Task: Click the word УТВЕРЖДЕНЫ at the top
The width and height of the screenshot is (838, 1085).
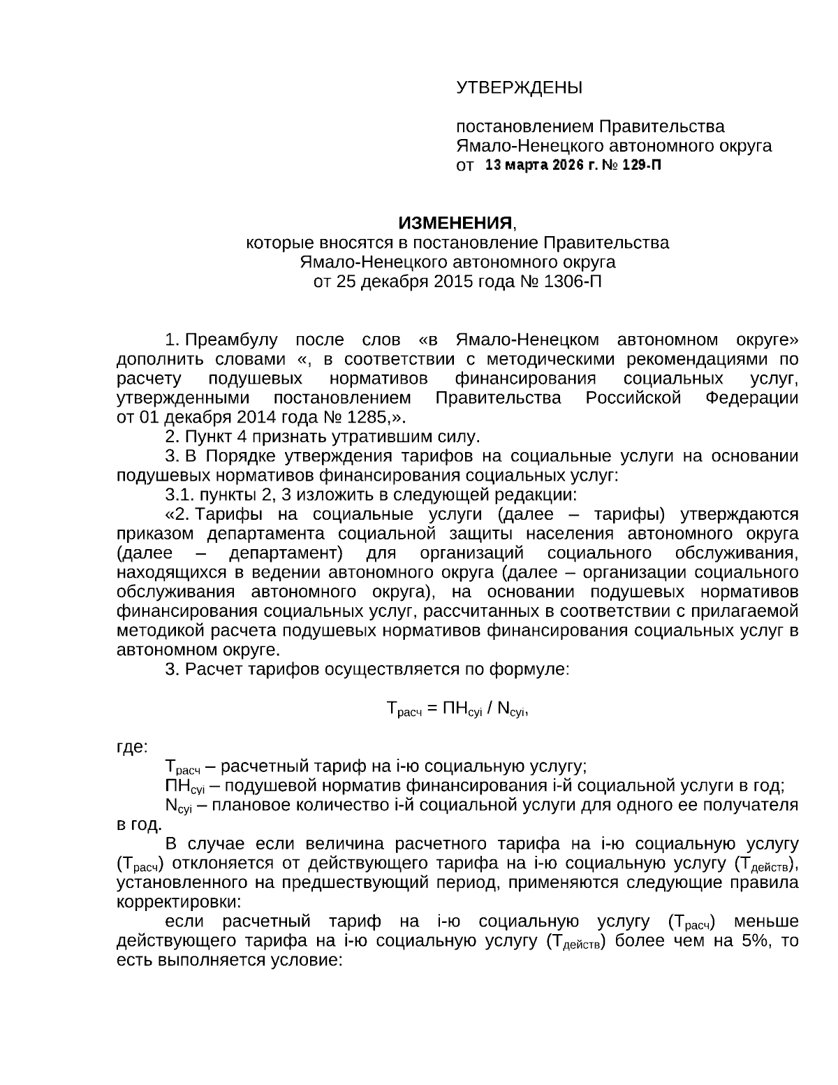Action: click(x=519, y=88)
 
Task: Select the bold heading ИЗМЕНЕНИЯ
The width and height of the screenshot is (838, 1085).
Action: click(x=455, y=223)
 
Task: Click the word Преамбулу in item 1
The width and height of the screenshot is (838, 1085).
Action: click(x=230, y=340)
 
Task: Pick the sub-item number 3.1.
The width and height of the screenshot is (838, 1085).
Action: click(x=179, y=496)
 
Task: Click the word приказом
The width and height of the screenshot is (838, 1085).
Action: click(x=157, y=534)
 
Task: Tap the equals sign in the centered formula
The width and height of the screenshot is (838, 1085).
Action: click(x=431, y=709)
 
